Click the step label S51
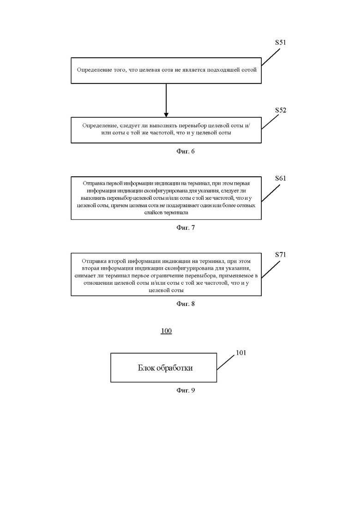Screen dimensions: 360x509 pyautogui.click(x=281, y=42)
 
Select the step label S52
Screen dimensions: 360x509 pyautogui.click(x=281, y=110)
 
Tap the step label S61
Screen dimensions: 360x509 pyautogui.click(x=281, y=178)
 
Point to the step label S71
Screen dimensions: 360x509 pyautogui.click(x=281, y=255)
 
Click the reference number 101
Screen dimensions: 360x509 pyautogui.click(x=241, y=353)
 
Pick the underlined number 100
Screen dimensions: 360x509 pyautogui.click(x=166, y=331)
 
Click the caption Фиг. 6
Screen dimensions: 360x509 pyautogui.click(x=186, y=151)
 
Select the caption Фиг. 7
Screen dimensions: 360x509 pyautogui.click(x=186, y=228)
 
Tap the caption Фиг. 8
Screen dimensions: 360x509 pyautogui.click(x=186, y=304)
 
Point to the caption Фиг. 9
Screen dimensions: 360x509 pyautogui.click(x=186, y=390)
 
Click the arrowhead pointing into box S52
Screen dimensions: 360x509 pyautogui.click(x=166, y=115)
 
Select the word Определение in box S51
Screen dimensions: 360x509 pyautogui.click(x=90, y=70)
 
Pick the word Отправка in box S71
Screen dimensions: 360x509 pyautogui.click(x=91, y=261)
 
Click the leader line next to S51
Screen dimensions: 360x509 pyautogui.click(x=271, y=57)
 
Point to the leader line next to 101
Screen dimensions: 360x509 pyautogui.click(x=226, y=362)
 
